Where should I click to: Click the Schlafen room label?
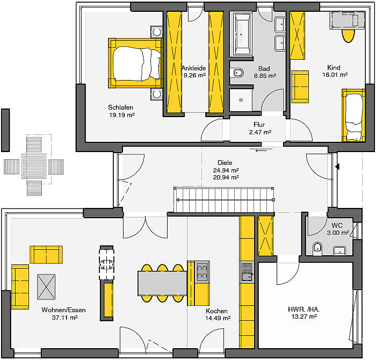tap(120, 107)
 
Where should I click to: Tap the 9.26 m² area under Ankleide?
tap(194, 75)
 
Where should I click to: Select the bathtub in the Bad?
tap(242, 34)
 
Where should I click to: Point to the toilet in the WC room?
tap(317, 248)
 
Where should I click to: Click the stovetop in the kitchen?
tap(202, 272)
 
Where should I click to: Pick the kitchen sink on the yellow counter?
tap(247, 271)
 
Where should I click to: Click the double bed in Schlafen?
tap(135, 63)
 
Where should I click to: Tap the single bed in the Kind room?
tap(353, 116)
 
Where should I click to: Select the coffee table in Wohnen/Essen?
tap(46, 287)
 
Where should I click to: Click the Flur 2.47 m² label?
tap(260, 128)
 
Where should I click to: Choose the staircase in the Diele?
tap(224, 199)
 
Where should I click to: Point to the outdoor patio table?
tap(34, 165)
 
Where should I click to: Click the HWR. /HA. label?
tap(304, 309)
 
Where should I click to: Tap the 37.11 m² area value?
tap(65, 318)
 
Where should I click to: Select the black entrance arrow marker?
tap(338, 166)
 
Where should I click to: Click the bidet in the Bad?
tap(238, 73)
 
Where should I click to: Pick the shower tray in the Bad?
tap(241, 100)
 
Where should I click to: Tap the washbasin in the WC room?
tap(339, 250)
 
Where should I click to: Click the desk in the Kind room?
tap(347, 20)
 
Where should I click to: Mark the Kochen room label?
tap(216, 311)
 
